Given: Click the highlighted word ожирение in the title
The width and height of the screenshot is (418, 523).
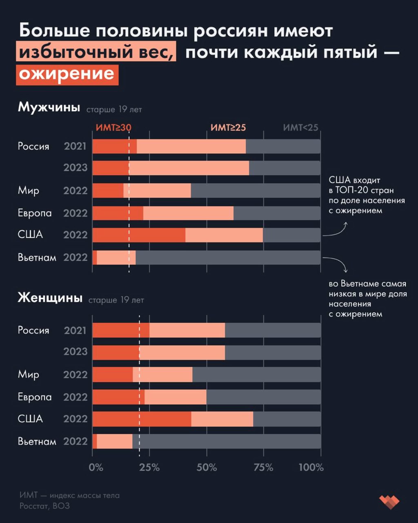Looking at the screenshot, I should (x=67, y=75).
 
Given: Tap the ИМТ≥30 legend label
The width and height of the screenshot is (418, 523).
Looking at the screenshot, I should (x=113, y=127).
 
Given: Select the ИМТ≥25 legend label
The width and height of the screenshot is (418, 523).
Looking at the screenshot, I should (x=228, y=127).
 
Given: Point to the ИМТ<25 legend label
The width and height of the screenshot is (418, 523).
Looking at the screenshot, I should (x=300, y=127).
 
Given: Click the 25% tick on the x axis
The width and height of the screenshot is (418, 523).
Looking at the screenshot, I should (x=149, y=467).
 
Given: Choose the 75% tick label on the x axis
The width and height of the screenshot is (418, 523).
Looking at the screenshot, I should (x=264, y=467).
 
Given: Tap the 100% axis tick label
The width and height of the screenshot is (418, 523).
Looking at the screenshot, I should (x=311, y=467).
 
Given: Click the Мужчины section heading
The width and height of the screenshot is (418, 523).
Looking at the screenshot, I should (x=49, y=107).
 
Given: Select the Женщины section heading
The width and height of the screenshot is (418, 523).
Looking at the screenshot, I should (x=50, y=297).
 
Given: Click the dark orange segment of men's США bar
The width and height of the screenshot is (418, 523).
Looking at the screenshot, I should (x=139, y=235).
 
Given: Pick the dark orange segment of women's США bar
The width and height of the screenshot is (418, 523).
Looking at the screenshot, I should (x=142, y=419).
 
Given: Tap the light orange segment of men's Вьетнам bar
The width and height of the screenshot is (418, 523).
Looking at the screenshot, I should (x=116, y=257).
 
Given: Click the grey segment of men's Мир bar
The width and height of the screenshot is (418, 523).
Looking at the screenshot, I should (x=256, y=191).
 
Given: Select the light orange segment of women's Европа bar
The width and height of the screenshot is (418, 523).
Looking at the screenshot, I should (x=176, y=397).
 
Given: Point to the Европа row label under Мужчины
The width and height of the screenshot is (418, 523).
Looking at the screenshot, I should (x=35, y=213).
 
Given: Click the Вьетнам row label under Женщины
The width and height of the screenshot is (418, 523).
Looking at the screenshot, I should (x=37, y=442).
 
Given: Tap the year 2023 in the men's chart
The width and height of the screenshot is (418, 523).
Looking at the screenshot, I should (x=76, y=168).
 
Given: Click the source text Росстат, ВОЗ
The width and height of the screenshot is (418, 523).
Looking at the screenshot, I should (x=44, y=506).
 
